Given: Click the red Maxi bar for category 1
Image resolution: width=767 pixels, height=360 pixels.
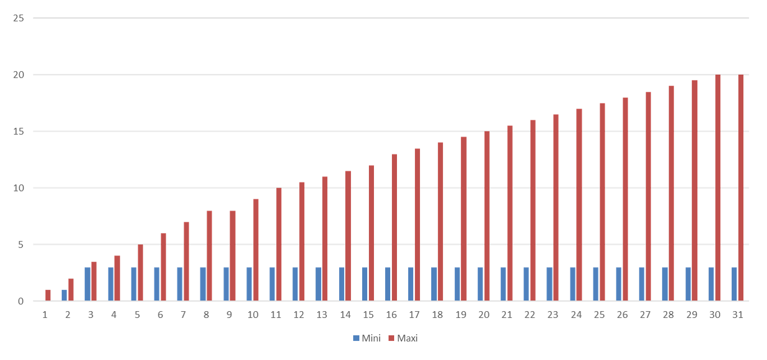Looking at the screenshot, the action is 48,295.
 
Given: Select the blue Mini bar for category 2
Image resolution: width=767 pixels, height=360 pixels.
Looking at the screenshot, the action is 65,295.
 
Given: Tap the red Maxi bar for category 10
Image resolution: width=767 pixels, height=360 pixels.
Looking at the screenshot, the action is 256,250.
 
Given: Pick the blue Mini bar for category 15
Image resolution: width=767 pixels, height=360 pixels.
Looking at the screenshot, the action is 364,284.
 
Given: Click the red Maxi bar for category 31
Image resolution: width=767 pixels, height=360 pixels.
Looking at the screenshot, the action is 741,188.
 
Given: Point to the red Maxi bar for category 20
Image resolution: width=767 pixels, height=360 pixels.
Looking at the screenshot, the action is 487,216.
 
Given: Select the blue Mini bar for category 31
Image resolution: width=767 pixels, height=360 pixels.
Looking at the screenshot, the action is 734,284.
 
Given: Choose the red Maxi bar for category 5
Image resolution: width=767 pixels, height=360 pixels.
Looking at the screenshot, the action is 140,272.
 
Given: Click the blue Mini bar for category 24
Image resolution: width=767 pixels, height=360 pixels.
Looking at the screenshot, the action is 573,284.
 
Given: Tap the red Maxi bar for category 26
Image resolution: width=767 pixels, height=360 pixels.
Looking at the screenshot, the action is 626,199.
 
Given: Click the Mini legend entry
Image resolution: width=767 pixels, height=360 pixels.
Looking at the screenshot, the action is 367,338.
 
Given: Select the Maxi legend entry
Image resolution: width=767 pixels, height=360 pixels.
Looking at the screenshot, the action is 403,338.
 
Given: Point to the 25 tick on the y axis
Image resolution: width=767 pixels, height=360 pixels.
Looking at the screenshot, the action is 19,18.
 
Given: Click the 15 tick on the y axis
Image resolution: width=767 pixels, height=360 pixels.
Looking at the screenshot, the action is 19,131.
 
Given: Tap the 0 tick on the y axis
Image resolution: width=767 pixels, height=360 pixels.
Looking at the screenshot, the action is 21,302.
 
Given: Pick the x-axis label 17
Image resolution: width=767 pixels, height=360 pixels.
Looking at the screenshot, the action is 414,315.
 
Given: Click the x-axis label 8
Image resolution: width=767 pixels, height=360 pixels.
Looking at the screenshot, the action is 206,315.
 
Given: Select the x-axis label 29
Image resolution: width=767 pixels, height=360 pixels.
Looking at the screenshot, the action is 692,315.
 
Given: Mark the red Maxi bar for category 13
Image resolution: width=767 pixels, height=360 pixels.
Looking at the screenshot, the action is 325,239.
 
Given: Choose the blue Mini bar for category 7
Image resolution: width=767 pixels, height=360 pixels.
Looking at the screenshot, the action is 180,284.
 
